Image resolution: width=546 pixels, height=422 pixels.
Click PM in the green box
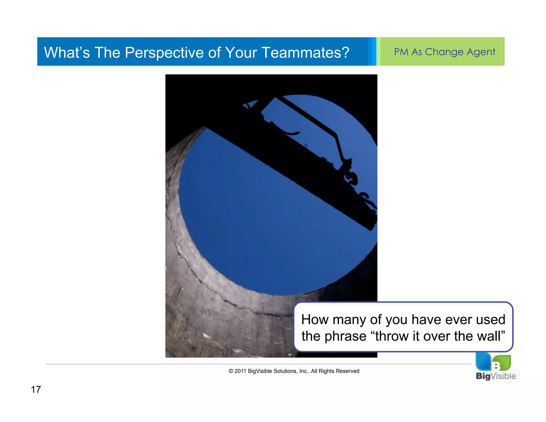(x=401, y=52)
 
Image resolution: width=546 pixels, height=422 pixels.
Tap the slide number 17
(x=36, y=389)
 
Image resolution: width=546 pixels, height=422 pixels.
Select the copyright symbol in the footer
(x=231, y=371)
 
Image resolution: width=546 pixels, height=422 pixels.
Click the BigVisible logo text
(x=495, y=376)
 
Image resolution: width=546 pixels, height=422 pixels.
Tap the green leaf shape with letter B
(x=501, y=363)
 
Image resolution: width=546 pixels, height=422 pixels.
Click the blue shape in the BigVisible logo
(x=483, y=361)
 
